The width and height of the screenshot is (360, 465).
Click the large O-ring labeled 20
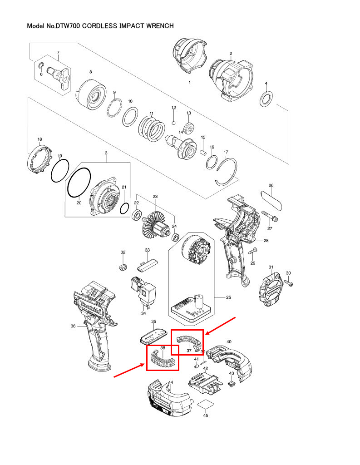(x=79, y=183)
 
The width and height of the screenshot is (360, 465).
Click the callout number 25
(x=229, y=297)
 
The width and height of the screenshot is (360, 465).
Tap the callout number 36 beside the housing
(x=73, y=325)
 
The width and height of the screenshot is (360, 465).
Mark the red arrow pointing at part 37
(x=221, y=326)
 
